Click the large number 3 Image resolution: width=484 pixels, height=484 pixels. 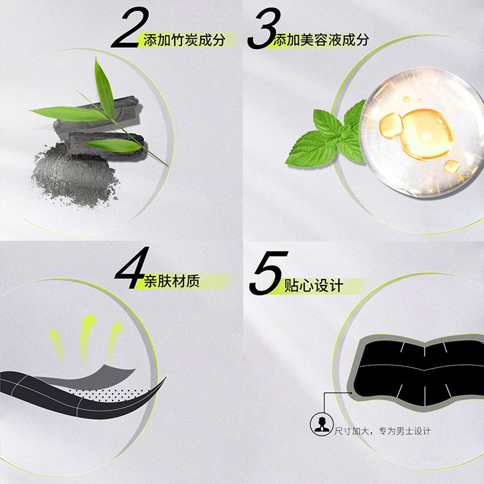click(x=265, y=28)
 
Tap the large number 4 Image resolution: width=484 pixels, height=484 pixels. click(x=132, y=267)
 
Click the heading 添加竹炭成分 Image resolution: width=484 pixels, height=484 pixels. click(x=184, y=40)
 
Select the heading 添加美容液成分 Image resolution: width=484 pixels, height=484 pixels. click(x=321, y=40)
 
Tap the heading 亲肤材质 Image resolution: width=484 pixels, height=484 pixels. click(x=172, y=281)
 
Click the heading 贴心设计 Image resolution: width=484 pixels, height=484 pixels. click(x=313, y=286)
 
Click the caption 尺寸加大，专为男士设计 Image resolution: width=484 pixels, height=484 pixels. click(x=382, y=431)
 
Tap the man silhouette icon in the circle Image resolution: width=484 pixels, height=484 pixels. click(x=322, y=425)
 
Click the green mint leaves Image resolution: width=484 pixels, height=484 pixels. click(x=327, y=136)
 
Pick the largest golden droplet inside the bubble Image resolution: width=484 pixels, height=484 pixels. click(x=426, y=134)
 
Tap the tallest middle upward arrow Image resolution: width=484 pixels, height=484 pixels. click(x=87, y=339)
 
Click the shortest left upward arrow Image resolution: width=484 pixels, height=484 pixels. click(x=57, y=345)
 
